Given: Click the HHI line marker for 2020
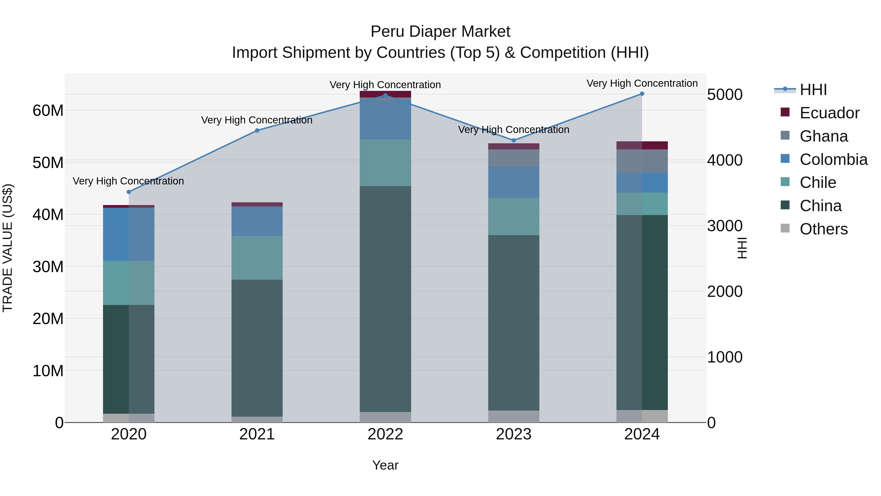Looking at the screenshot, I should pyautogui.click(x=128, y=192).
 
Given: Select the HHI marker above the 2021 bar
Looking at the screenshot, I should pyautogui.click(x=257, y=130).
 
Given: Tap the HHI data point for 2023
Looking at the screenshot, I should pyautogui.click(x=513, y=140).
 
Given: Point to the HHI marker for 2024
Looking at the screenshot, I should pyautogui.click(x=642, y=94).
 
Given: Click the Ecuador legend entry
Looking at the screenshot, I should pyautogui.click(x=829, y=113).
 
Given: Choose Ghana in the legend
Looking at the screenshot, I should pyautogui.click(x=823, y=136).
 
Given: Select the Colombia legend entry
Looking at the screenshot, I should pyautogui.click(x=833, y=159).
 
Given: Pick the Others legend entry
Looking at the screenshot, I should pyautogui.click(x=823, y=229).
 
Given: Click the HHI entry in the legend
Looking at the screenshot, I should pyautogui.click(x=813, y=90).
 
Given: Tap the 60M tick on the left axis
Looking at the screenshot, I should pyautogui.click(x=48, y=110).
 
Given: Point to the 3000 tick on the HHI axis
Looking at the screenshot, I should pyautogui.click(x=724, y=226).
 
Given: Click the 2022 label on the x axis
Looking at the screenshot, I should pyautogui.click(x=385, y=434).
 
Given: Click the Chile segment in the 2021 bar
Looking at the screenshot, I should pyautogui.click(x=257, y=258).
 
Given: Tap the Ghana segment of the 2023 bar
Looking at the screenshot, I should pyautogui.click(x=513, y=158).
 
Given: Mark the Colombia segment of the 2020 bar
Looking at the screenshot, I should pyautogui.click(x=128, y=234).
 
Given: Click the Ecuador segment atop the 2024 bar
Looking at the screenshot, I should pyautogui.click(x=642, y=145).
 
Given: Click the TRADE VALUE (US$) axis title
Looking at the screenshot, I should pyautogui.click(x=8, y=248).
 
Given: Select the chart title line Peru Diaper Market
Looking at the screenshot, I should pyautogui.click(x=440, y=32).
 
